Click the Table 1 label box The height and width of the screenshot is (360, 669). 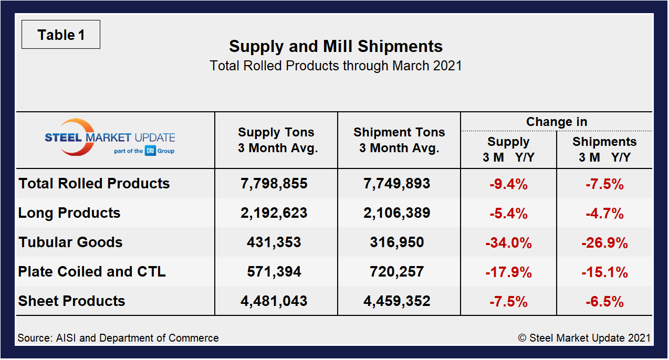click(61, 35)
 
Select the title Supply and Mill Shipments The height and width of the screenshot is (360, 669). click(336, 46)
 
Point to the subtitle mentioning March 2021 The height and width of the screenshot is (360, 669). click(336, 66)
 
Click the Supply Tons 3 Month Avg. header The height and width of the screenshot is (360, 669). click(277, 140)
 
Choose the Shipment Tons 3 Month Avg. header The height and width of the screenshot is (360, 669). click(399, 140)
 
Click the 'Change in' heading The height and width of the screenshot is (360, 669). click(557, 122)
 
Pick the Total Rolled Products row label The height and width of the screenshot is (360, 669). click(95, 184)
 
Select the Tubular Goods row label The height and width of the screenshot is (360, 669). click(70, 242)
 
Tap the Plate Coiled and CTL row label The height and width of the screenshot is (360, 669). click(92, 272)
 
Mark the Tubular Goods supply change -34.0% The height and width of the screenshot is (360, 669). click(508, 243)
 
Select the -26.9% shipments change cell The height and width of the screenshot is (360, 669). click(604, 243)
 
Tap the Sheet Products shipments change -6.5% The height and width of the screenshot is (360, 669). click(604, 302)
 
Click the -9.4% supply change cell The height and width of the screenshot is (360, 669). click(508, 184)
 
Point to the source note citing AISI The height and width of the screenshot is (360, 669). click(118, 338)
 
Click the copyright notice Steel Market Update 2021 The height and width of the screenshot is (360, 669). click(584, 338)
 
